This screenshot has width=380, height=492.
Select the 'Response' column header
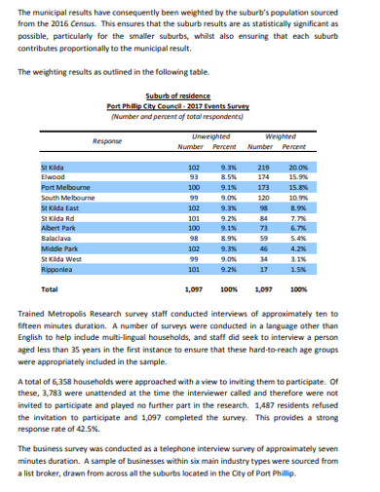[106, 139]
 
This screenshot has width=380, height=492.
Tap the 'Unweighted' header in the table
[210, 135]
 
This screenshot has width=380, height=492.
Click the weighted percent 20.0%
[298, 167]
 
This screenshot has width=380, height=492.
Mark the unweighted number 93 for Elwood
[194, 176]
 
